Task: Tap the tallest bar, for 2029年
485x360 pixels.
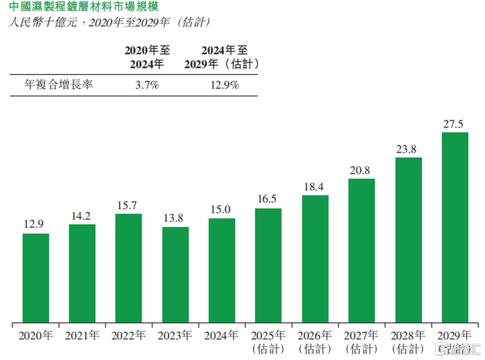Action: click(455, 228)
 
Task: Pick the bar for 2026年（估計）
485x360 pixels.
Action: click(315, 259)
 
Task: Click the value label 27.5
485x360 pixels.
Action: click(455, 125)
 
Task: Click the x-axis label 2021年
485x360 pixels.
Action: click(82, 336)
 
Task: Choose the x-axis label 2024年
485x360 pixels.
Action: click(222, 336)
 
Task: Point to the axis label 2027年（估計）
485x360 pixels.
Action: click(362, 342)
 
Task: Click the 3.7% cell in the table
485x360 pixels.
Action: click(147, 85)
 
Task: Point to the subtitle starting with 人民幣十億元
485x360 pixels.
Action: click(112, 23)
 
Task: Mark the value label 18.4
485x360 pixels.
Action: click(315, 188)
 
